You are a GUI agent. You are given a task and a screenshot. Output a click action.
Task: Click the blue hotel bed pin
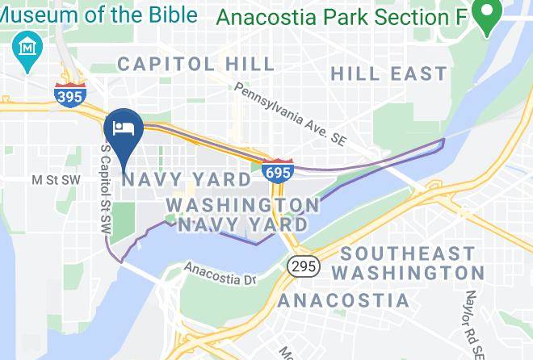pos(124,129)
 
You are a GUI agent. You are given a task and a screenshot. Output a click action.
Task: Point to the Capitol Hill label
pos(178,64)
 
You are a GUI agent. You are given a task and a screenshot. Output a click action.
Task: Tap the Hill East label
pos(388,73)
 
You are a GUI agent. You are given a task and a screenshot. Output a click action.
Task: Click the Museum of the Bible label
pos(99,14)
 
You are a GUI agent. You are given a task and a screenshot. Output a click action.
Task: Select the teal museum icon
pos(29,47)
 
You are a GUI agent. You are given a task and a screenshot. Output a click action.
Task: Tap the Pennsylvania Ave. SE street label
pos(290,114)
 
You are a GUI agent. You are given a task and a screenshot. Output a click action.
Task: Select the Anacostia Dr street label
pos(220,273)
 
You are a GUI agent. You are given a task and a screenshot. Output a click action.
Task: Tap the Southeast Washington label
pos(408,263)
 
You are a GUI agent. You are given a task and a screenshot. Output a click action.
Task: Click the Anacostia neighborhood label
pos(344,301)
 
